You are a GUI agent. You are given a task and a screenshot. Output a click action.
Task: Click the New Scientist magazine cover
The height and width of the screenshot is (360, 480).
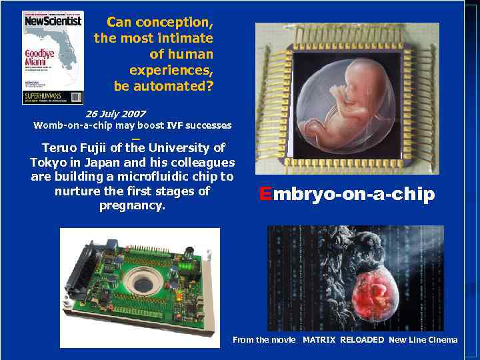[53, 57]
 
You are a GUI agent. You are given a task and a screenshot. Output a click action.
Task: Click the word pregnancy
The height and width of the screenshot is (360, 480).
[132, 205]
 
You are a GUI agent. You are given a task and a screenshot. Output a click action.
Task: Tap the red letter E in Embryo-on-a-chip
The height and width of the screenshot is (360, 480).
[265, 194]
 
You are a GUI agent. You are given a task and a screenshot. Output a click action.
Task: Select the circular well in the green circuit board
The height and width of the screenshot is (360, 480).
[142, 283]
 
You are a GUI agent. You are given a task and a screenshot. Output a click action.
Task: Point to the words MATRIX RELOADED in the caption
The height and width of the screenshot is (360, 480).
[343, 340]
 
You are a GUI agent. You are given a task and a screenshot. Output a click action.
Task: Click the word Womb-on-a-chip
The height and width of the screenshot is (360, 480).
[73, 125]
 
